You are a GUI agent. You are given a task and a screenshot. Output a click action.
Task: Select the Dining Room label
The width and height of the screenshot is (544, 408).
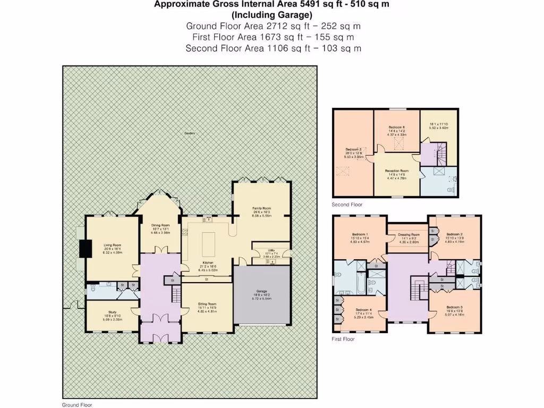tap(160, 225)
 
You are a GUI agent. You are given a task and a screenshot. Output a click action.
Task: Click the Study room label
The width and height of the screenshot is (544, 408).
tap(112, 312)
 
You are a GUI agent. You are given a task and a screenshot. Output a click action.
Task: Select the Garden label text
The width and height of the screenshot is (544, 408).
tap(189, 133)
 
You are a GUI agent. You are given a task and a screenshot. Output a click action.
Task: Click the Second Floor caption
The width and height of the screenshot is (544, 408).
tap(347, 205)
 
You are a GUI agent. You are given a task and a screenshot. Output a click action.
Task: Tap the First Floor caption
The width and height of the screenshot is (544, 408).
tap(343, 339)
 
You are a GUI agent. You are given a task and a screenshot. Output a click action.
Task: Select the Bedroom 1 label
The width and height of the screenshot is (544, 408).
tap(360, 234)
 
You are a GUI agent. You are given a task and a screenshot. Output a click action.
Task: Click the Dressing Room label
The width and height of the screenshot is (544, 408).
tap(407, 234)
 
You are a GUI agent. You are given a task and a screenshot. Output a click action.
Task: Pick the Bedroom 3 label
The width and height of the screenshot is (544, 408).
tap(454, 308)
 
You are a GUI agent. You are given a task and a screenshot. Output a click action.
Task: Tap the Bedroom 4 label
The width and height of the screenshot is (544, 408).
tap(364, 310)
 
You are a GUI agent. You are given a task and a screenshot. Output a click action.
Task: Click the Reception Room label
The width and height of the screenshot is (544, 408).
tap(396, 171)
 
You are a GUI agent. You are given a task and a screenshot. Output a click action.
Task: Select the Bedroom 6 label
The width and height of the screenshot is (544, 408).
tap(396, 127)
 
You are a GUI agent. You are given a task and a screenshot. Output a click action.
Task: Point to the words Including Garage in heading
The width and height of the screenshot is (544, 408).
tap(271, 14)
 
